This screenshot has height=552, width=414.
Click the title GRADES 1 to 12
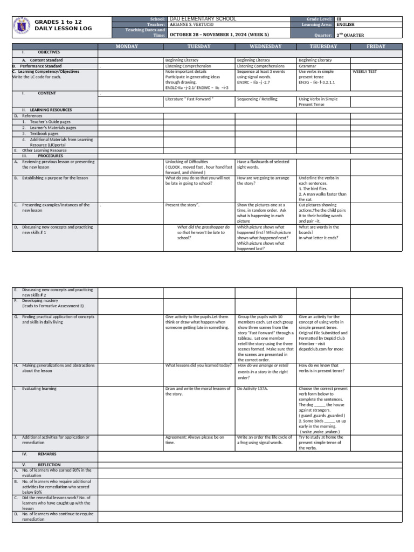58,22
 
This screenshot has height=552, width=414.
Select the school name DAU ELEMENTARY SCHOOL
202,19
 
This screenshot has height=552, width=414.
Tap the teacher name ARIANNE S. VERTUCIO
193,25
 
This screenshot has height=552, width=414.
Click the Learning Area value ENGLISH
345,25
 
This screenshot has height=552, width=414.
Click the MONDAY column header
130,46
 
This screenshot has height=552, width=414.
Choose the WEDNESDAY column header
265,46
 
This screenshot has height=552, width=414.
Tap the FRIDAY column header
376,46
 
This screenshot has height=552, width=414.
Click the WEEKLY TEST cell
365,71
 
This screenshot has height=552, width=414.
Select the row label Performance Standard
38,66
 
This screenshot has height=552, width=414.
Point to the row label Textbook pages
44,134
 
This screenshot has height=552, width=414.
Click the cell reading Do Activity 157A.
253,389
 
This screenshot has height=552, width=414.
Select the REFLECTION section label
49,465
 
